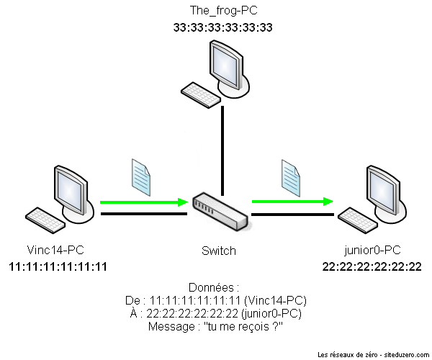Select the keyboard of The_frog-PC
coord(199,92)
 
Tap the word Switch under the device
coord(219,251)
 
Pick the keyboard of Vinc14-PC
coord(45,218)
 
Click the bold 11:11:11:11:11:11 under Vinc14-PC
coord(58,266)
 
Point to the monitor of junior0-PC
coord(384,188)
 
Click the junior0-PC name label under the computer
coord(372,251)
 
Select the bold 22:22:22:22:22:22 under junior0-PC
coord(372,266)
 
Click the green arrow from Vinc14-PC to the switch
coord(143,202)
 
